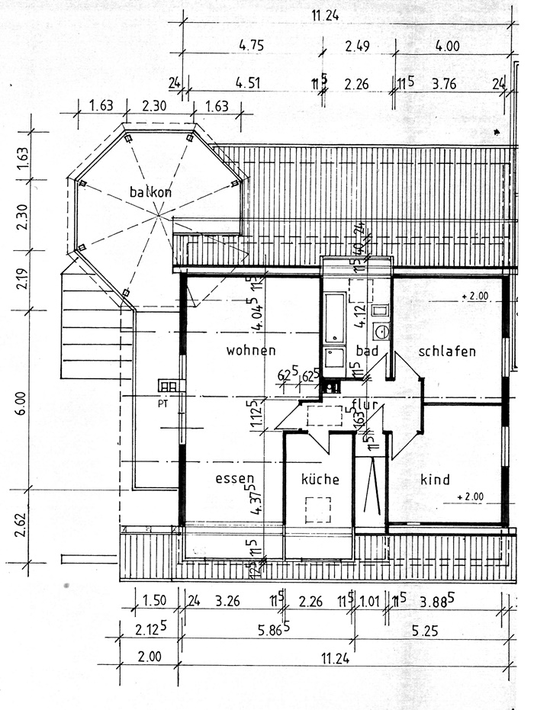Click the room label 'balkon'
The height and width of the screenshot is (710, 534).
150,192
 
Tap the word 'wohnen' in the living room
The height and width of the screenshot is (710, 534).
250,351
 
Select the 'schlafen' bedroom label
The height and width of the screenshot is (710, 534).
447,351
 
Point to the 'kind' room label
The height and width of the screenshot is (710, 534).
435,480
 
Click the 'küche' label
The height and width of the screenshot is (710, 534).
320,480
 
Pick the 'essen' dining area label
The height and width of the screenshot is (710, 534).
234,480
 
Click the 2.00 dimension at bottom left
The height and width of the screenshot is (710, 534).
150,656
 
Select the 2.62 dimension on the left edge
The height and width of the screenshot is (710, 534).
20,526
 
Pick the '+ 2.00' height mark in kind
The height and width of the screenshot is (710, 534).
469,497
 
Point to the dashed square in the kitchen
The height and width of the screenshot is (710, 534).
317,509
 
